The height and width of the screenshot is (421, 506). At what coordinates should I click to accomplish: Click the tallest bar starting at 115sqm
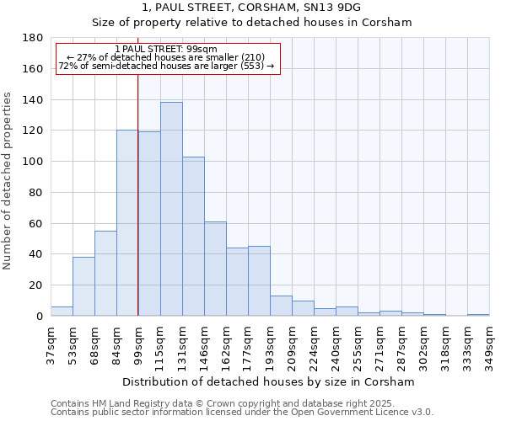point(171,209)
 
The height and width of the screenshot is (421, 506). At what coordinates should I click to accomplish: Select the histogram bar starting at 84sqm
point(127,223)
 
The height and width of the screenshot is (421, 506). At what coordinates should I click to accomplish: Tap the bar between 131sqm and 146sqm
point(193,237)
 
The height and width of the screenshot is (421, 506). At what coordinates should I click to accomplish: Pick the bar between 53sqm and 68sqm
point(83,286)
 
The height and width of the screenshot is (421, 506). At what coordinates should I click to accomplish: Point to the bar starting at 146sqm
point(215,269)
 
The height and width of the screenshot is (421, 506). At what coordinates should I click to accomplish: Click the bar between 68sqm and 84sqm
point(105,274)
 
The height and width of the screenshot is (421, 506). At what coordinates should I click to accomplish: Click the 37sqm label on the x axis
point(51,340)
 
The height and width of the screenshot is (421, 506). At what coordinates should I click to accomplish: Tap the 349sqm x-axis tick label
point(489,340)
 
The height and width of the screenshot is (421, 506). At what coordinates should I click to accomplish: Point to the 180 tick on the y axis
point(34,38)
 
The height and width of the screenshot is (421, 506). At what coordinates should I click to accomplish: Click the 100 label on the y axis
point(34,162)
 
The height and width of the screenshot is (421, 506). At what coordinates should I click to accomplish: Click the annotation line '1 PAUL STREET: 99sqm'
point(166,49)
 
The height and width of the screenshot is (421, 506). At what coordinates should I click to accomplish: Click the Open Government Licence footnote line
point(242,412)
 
